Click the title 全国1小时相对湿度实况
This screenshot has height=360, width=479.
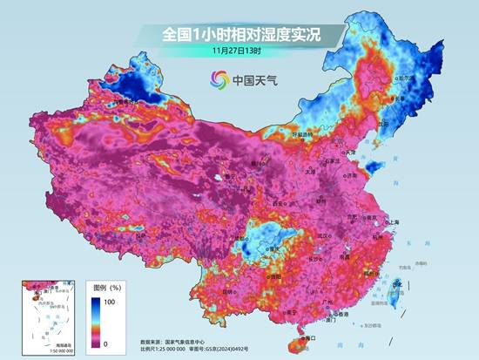239,33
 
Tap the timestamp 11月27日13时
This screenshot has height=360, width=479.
239,51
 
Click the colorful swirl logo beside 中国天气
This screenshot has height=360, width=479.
219,80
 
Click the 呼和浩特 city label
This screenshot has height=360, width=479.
301,135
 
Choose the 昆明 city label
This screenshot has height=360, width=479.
228,290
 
